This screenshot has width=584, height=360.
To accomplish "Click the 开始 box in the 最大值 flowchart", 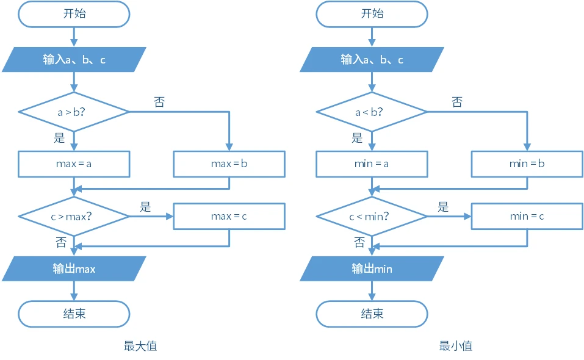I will point(74,14).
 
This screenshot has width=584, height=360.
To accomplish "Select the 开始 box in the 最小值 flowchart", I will point(372,14).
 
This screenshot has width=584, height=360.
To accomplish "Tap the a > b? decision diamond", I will point(74,112).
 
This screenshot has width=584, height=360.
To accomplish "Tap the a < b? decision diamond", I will point(372,112).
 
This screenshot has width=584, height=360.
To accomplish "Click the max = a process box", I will point(74,164).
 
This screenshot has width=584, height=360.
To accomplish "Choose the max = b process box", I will point(229,164).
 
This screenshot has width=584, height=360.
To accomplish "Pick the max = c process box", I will point(229,216).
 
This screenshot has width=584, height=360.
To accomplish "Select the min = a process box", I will point(372,164).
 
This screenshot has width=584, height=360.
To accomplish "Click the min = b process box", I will point(527,164).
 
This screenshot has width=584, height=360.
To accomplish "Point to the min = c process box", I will point(527,216).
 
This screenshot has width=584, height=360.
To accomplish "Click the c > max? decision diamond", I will point(74,216).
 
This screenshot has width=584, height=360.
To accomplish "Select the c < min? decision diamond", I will point(372,216).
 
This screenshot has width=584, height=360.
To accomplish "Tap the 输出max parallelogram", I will point(74,268).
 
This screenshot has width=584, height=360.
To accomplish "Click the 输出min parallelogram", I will point(372,268).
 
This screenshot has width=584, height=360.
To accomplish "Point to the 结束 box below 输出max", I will point(74,314).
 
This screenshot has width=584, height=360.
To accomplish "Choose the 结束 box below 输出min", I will point(372,314).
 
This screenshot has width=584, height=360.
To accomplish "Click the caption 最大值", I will point(140,346).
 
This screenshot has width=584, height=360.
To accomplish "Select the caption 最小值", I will point(456,346).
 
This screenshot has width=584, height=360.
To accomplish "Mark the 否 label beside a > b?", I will point(159,102).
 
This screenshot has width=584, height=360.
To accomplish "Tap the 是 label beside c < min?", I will point(443,206).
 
